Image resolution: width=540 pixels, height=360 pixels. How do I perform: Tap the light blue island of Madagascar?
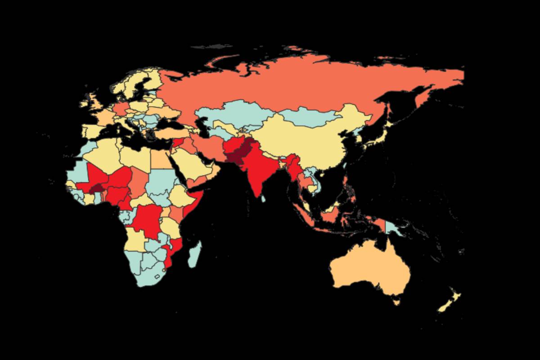[194, 254]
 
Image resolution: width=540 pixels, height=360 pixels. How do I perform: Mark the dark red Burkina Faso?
[96, 189]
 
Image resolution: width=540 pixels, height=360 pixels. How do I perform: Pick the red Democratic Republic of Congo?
[148, 220]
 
